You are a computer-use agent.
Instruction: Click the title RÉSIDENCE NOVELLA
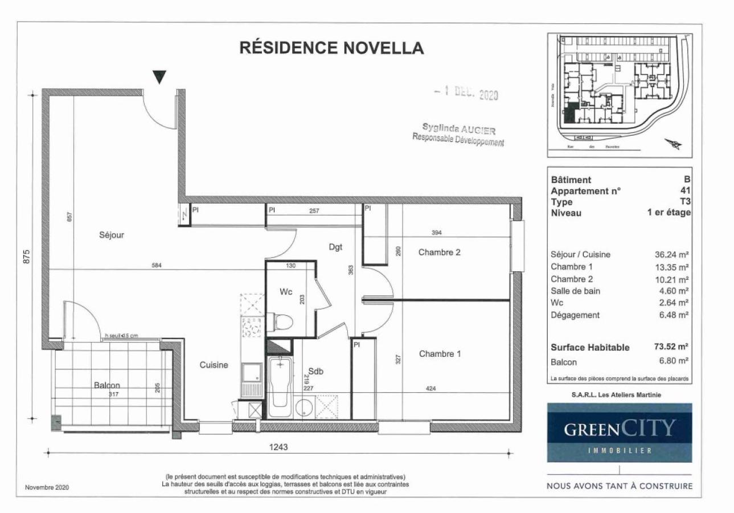pyautogui.click(x=331, y=48)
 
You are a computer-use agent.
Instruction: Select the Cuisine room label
pyautogui.click(x=214, y=365)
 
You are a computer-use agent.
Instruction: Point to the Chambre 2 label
pyautogui.click(x=439, y=253)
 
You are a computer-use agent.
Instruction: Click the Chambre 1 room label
pyautogui.click(x=440, y=354)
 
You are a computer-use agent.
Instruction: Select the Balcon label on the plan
pyautogui.click(x=108, y=385)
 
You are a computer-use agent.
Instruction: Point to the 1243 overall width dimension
pyautogui.click(x=279, y=447)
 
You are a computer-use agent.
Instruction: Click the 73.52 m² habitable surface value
pyautogui.click(x=672, y=347)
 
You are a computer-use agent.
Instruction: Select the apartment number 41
pyautogui.click(x=686, y=191)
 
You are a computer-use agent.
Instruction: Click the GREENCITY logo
pyautogui.click(x=620, y=432)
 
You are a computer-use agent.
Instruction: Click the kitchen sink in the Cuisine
pyautogui.click(x=251, y=373)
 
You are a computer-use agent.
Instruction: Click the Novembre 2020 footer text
pyautogui.click(x=47, y=487)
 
